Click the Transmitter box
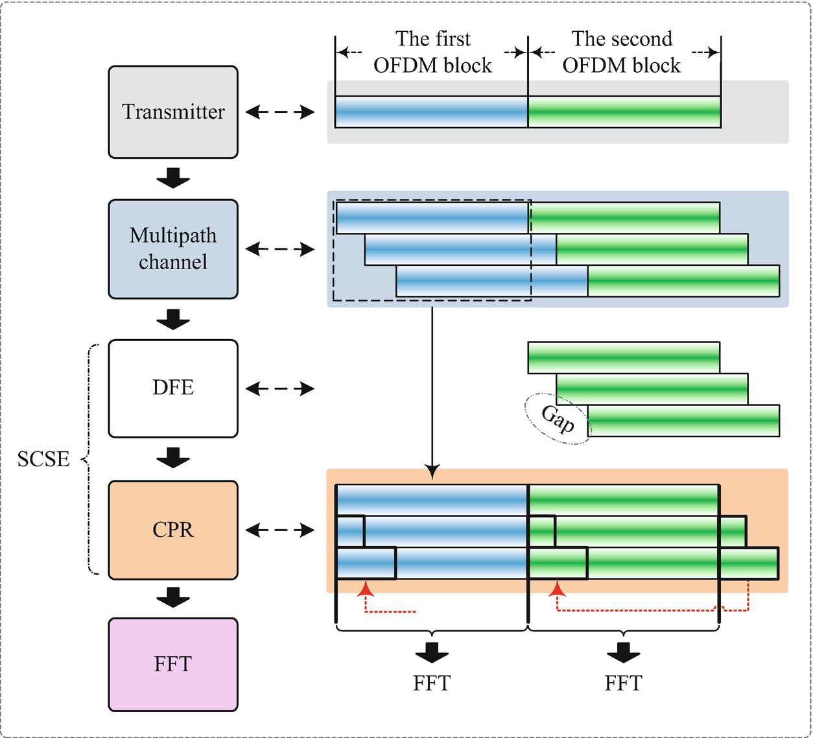(173, 112)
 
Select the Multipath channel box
(173, 249)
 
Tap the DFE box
(173, 388)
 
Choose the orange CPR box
(173, 530)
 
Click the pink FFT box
(173, 665)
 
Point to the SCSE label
(43, 459)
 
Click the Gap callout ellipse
(557, 419)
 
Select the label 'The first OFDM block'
(432, 52)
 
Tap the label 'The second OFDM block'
(622, 52)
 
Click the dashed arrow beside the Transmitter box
(280, 112)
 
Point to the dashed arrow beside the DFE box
(280, 389)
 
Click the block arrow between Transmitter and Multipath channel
(173, 178)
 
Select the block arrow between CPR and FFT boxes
(173, 597)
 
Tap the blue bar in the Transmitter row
(431, 112)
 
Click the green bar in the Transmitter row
(624, 112)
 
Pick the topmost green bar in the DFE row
(624, 357)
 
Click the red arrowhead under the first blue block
(366, 588)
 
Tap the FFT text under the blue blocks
(431, 683)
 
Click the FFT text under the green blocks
(623, 683)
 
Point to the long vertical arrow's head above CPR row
(432, 473)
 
